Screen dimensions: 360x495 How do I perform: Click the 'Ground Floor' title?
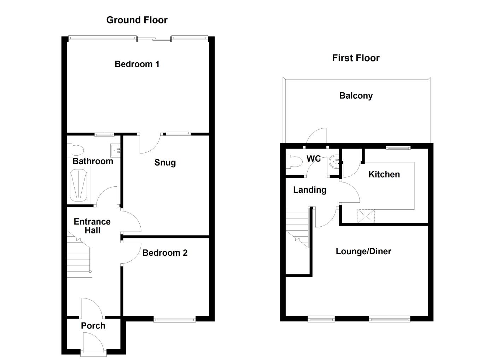[x=137, y=20]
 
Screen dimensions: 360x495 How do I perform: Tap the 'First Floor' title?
[x=355, y=58]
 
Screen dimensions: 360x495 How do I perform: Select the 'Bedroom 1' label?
[x=137, y=64]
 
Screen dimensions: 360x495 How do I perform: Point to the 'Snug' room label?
[x=165, y=163]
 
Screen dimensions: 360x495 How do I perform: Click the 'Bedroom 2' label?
[x=165, y=253]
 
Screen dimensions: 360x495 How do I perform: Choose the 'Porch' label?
[x=93, y=326]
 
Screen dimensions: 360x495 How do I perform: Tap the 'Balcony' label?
[x=356, y=96]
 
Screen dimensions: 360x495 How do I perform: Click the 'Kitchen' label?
[x=384, y=174]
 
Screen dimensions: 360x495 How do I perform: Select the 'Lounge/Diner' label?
[x=363, y=251]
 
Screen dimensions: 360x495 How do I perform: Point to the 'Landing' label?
[x=309, y=190]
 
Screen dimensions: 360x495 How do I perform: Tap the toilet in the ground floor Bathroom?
[x=75, y=150]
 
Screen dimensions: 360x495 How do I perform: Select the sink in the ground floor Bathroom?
[x=115, y=150]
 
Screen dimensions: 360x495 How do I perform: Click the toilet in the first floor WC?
[x=293, y=162]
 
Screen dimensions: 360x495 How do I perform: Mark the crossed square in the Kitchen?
[x=366, y=216]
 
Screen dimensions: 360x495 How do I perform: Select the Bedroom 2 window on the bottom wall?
[x=174, y=320]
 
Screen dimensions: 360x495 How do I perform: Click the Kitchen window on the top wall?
[x=398, y=147]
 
